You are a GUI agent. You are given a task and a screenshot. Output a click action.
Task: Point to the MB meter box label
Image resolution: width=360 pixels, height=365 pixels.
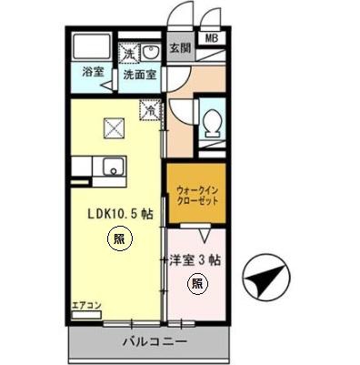click(211, 38)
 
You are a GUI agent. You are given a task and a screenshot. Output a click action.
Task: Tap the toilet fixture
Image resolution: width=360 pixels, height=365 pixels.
click(212, 124)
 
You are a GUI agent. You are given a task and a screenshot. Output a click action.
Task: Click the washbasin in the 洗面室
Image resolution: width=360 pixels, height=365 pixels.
click(151, 51)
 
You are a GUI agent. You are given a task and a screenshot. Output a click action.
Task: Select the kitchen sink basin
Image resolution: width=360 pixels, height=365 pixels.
click(114, 167)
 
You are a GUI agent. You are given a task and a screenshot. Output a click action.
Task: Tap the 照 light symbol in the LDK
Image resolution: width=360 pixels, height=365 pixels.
click(118, 240)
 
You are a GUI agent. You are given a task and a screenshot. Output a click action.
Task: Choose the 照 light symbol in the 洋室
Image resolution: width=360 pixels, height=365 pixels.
click(196, 283)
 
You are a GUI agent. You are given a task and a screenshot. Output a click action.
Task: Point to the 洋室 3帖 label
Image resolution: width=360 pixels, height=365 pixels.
click(195, 259)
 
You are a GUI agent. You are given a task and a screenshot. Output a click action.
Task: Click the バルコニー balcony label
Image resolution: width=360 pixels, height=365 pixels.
click(155, 343)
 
